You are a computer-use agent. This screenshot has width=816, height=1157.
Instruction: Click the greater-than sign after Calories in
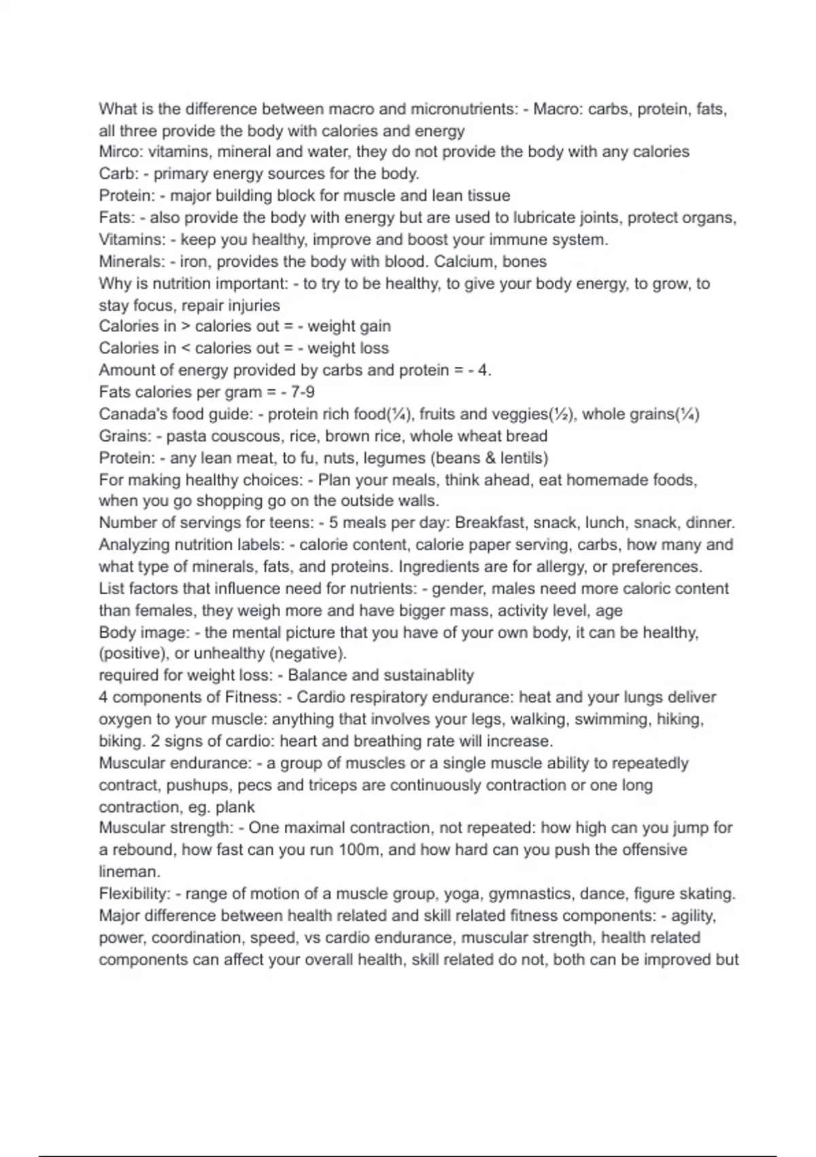tap(186, 327)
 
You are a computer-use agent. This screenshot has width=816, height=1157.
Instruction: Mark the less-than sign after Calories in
tap(186, 348)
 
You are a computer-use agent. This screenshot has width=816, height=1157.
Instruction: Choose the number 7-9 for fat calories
tap(302, 392)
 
